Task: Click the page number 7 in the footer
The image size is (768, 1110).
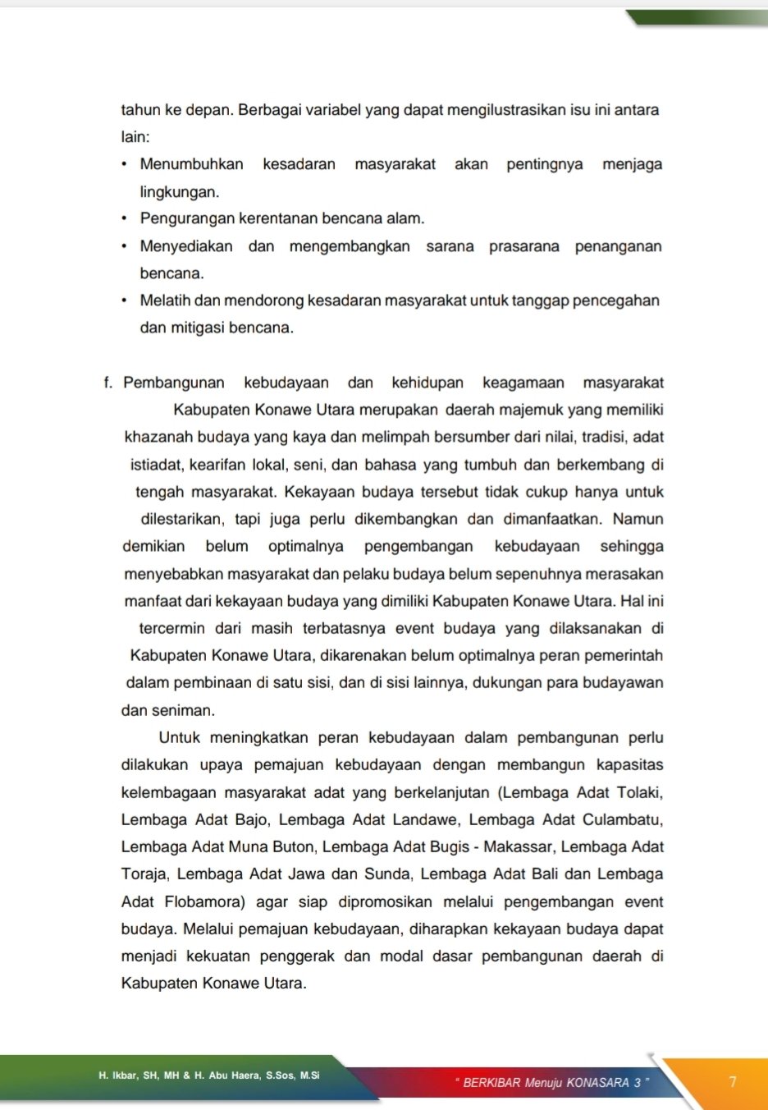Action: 733,1082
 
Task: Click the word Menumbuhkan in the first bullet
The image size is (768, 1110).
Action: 191,164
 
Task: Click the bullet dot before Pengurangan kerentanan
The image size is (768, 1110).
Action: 124,218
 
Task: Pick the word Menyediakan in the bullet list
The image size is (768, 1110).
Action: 186,246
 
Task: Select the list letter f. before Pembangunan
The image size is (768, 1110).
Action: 108,383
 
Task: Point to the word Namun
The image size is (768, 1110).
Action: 638,519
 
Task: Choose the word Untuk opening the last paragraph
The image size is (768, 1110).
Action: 179,737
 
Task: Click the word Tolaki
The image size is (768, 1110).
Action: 639,792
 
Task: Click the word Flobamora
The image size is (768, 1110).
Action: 204,901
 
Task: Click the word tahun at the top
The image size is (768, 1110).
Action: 140,110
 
